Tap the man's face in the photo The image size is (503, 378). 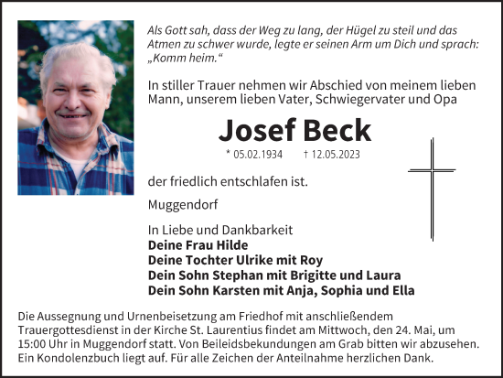click(76, 92)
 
